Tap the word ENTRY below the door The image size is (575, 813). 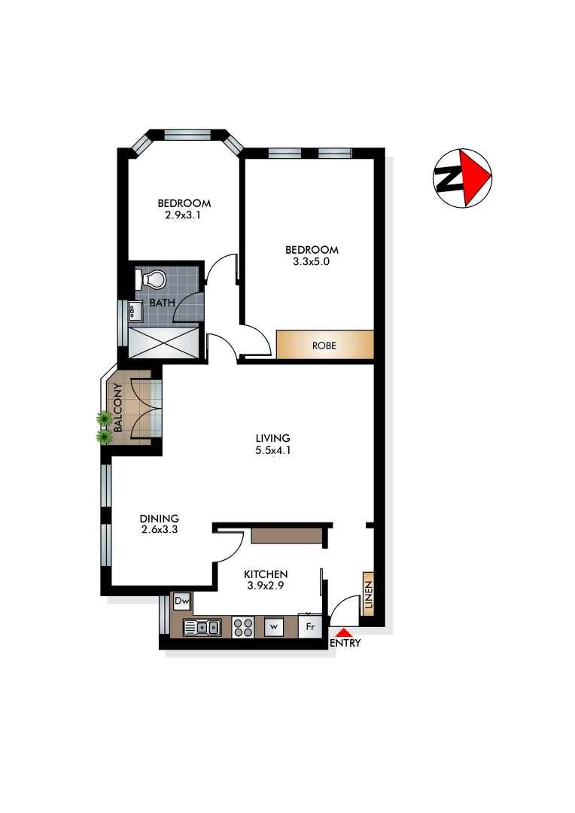coord(345,644)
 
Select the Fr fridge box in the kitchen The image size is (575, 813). coord(309,626)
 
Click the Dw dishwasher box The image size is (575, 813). coord(182,602)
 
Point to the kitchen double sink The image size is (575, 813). coord(202,626)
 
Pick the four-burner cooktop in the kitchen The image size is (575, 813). coord(243,626)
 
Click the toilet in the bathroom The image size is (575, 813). coord(154,279)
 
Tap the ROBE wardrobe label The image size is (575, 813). coord(324,346)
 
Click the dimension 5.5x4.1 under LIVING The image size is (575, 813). coord(272,452)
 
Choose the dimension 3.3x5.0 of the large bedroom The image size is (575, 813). coord(312,263)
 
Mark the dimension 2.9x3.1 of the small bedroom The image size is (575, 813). coord(184,215)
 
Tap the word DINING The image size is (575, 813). coord(160,519)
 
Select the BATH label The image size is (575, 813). coord(162,303)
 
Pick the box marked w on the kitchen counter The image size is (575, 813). coord(274,626)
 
